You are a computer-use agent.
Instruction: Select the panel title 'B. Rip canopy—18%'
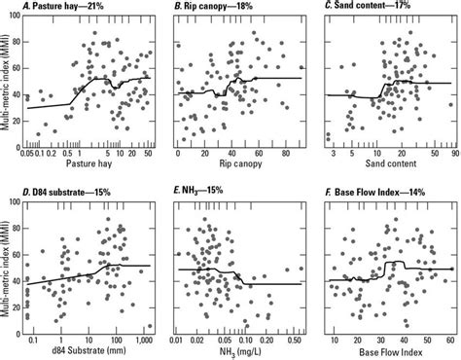[216, 9]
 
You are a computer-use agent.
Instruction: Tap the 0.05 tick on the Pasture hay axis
[31, 154]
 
